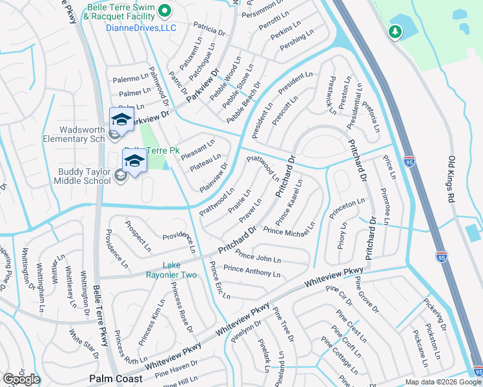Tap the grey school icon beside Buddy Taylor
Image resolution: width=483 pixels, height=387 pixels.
120,175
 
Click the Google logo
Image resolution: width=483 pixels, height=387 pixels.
21,379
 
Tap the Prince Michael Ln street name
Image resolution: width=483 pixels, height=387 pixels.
289,228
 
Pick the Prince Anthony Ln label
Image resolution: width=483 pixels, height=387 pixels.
252,271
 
